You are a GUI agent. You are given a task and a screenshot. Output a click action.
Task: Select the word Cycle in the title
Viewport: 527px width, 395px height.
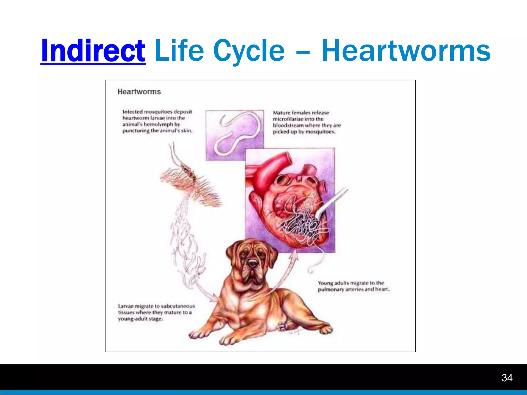click(x=249, y=51)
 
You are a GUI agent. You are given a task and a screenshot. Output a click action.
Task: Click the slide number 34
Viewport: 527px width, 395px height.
click(x=507, y=378)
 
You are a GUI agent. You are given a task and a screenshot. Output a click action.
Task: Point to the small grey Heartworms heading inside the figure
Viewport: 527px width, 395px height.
click(x=139, y=92)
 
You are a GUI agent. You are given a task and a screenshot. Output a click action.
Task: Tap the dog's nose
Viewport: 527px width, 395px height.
click(x=253, y=263)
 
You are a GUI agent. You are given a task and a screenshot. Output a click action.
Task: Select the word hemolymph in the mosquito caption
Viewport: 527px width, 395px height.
click(x=158, y=124)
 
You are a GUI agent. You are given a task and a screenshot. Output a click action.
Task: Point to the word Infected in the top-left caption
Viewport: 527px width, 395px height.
click(x=132, y=112)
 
